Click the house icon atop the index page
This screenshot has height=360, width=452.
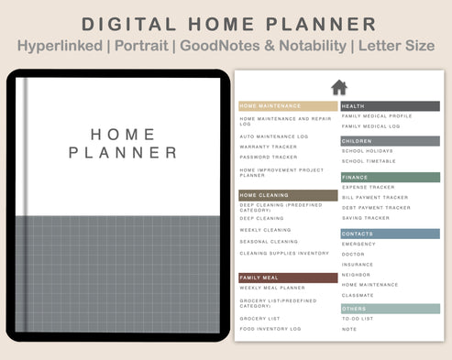[339, 87]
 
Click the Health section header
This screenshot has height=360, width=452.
[390, 106]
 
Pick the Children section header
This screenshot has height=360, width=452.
[390, 141]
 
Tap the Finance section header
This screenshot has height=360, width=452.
[390, 177]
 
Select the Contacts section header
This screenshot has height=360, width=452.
[390, 234]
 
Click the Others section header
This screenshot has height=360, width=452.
[390, 309]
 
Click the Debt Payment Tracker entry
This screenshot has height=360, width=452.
[376, 208]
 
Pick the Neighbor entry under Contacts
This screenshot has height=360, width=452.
[356, 275]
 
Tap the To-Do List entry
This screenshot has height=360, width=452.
[357, 319]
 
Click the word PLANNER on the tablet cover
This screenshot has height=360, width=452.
[123, 153]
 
